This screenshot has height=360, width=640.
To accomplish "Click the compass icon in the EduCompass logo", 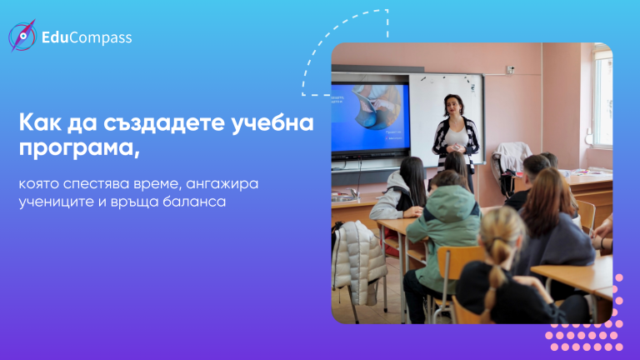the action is pyautogui.click(x=22, y=36).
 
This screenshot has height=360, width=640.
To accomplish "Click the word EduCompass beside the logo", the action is pyautogui.click(x=87, y=37).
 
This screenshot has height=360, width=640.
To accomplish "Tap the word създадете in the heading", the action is pyautogui.click(x=164, y=122).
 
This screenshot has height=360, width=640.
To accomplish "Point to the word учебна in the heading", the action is pyautogui.click(x=272, y=122).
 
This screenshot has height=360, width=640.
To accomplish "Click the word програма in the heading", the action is pyautogui.click(x=80, y=148).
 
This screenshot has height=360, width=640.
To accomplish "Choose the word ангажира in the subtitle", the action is pyautogui.click(x=222, y=184).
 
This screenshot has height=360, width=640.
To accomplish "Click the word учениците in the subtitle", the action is pyautogui.click(x=57, y=202).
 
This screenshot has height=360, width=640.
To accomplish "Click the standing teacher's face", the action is pyautogui.click(x=452, y=106).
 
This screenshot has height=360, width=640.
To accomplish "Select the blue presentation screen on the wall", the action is pyautogui.click(x=370, y=117).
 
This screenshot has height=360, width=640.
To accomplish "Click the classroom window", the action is pyautogui.click(x=603, y=100).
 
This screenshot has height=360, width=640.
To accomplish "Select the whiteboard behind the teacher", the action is pyautogui.click(x=446, y=118).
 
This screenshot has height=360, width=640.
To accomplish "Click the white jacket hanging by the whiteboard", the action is pyautogui.click(x=511, y=163).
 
